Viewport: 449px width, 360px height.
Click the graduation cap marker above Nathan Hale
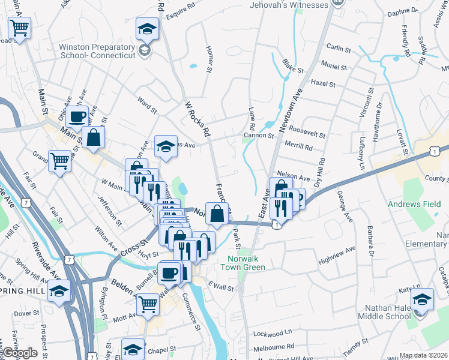(x=422, y=299)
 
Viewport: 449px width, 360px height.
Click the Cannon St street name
(x=258, y=136)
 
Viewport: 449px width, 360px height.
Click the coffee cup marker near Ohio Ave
(x=77, y=116)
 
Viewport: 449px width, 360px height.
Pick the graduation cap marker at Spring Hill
(x=59, y=292)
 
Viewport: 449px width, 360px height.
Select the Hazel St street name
(x=323, y=83)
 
